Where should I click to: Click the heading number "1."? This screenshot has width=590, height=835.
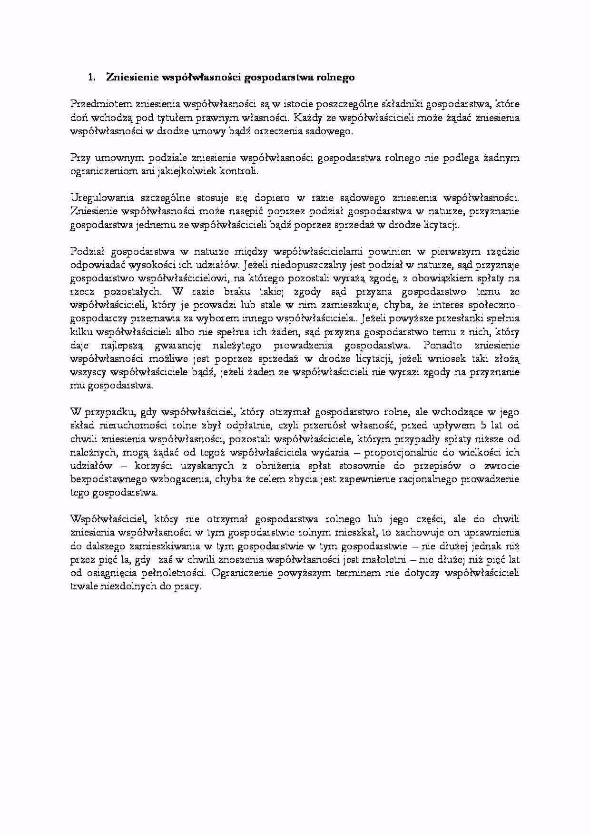92,78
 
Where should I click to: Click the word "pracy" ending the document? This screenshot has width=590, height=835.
190,586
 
